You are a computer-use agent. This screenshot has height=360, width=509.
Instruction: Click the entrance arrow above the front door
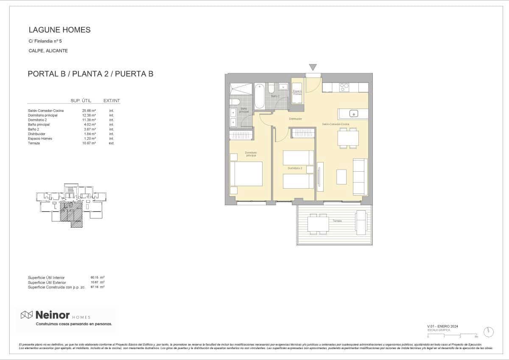(x=313, y=67)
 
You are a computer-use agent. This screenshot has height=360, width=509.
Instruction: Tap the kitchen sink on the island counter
(x=353, y=114)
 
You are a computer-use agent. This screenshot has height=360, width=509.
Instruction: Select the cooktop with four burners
(x=344, y=87)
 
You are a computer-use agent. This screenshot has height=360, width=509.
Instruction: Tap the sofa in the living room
(x=360, y=177)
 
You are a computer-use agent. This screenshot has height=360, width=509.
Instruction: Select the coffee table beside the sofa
(x=341, y=176)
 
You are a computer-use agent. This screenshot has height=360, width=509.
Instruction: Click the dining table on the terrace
(x=318, y=224)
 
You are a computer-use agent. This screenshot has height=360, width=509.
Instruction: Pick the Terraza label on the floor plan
(x=337, y=221)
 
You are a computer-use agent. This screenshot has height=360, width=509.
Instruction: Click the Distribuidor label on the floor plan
(x=295, y=119)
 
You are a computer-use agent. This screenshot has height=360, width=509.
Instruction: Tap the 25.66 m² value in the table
(x=89, y=111)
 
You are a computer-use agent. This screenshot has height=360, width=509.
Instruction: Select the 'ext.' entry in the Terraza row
(x=112, y=143)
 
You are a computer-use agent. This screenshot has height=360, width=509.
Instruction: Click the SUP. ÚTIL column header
(x=81, y=100)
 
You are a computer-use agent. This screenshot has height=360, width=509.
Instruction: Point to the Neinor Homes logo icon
(x=27, y=315)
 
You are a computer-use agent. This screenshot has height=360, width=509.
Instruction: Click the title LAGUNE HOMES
(x=59, y=30)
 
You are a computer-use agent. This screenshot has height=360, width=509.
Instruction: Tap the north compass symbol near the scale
(x=490, y=331)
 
